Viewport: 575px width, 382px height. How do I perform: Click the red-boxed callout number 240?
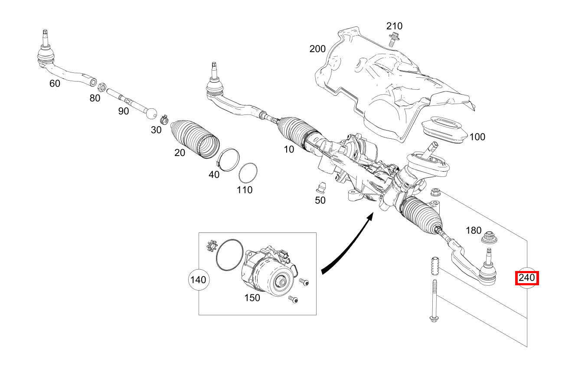click(527, 278)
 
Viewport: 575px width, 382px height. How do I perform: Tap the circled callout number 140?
click(198, 280)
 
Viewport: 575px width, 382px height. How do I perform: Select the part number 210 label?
click(394, 26)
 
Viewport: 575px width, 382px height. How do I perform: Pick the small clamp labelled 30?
click(164, 118)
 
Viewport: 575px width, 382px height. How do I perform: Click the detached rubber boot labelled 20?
click(195, 136)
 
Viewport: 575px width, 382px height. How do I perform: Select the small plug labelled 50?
click(320, 187)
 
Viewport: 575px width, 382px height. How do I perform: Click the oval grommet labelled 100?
click(444, 128)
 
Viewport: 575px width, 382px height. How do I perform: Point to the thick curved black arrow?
click(347, 247)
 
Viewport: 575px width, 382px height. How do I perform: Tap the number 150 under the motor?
click(252, 298)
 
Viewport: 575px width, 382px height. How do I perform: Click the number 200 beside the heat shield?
click(317, 49)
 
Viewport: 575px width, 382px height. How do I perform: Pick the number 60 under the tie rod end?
click(55, 83)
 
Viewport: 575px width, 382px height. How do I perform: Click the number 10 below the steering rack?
click(289, 149)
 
